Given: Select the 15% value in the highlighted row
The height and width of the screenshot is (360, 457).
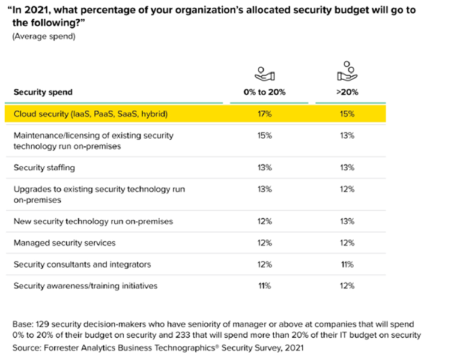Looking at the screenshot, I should click(347, 114).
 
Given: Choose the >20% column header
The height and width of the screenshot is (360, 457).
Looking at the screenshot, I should click(347, 92).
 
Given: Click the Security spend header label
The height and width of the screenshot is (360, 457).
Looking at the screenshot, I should click(43, 92).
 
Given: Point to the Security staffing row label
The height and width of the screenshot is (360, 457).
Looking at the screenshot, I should click(44, 168).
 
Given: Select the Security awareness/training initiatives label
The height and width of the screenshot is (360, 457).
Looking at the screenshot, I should click(85, 286).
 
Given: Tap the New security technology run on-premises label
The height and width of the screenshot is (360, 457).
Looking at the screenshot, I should click(93, 221).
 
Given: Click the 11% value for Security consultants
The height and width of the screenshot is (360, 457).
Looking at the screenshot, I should click(347, 265).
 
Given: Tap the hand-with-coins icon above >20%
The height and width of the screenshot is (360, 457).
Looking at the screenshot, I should click(347, 71).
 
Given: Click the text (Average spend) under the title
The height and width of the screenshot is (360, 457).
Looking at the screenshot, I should click(41, 36).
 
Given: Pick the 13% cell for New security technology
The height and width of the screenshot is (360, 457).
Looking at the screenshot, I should click(347, 221).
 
